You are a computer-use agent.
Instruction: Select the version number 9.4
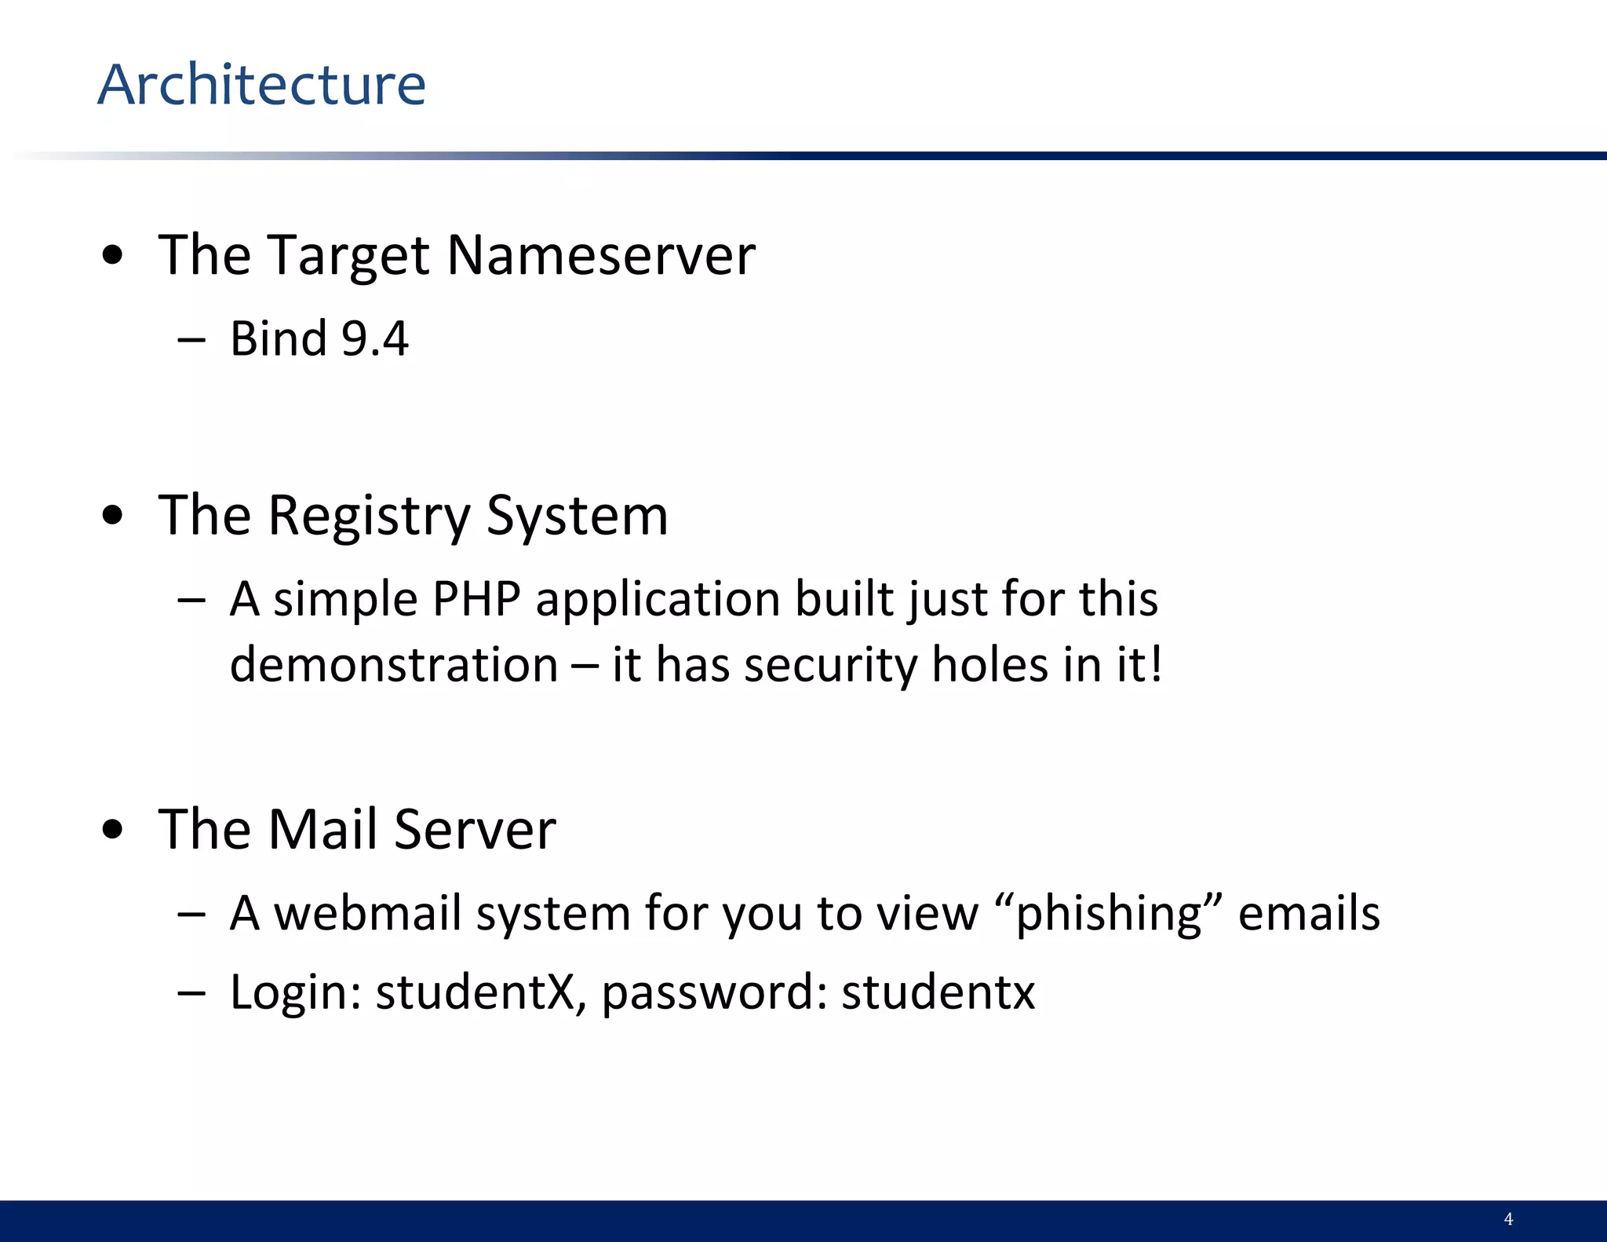(375, 339)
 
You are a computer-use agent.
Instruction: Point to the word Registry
(369, 517)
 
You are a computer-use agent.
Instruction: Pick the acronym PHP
(476, 599)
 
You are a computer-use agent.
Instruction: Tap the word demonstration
(394, 665)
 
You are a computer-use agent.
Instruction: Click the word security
(829, 665)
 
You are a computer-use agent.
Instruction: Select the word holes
(989, 665)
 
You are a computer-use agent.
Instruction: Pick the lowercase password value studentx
(938, 992)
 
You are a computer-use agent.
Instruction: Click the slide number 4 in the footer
(1508, 1219)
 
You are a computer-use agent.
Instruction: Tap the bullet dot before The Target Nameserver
(113, 256)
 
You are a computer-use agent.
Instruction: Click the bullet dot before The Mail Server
(113, 830)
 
